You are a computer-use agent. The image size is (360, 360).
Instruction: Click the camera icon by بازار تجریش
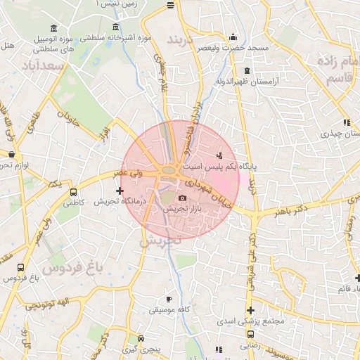tap(183, 199)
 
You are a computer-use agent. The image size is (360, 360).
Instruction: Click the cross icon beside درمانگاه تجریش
tap(120, 191)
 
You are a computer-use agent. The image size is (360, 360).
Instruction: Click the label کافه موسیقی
tap(169, 309)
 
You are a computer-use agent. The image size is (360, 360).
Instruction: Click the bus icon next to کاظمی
tap(73, 191)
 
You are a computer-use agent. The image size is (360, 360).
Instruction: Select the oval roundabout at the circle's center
tap(169, 170)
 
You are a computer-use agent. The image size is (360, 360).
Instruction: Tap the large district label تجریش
tap(160, 239)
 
